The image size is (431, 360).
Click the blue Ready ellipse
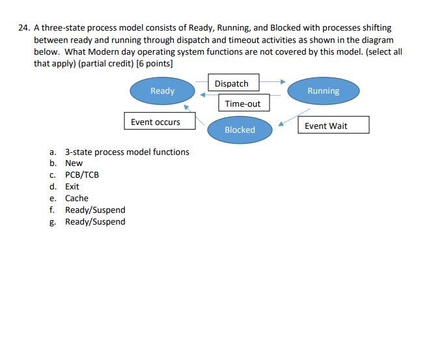(162, 91)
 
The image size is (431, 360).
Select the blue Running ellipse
(323, 91)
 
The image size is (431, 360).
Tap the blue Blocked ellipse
(240, 130)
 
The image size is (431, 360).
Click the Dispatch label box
(232, 83)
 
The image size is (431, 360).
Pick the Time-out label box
(243, 104)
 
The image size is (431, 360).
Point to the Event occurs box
(156, 122)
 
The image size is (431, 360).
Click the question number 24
(23, 29)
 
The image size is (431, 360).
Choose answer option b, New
(74, 163)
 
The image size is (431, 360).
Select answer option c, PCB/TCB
(82, 175)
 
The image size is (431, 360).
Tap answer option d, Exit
(72, 187)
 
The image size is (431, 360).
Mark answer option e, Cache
(77, 199)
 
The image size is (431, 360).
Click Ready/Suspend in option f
(95, 210)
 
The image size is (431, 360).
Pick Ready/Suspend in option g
(95, 222)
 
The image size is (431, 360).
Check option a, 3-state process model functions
(127, 152)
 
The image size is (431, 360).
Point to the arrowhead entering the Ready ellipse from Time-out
(202, 95)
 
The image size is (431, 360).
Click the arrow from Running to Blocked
(293, 117)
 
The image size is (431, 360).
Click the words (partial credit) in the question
(105, 64)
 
